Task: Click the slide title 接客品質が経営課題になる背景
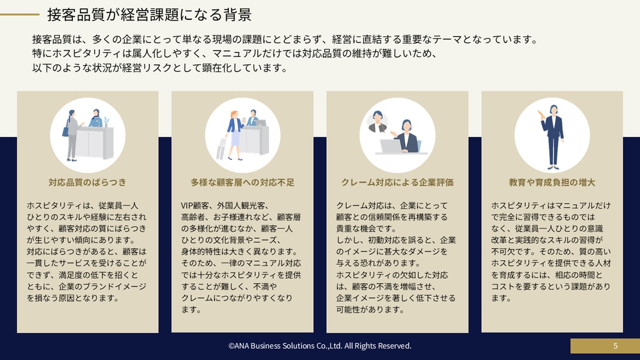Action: (149, 15)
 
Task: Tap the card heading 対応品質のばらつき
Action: (87, 182)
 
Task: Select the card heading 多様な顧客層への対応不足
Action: (242, 182)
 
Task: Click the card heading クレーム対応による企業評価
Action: (397, 182)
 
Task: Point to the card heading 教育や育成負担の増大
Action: (552, 182)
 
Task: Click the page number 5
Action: (616, 346)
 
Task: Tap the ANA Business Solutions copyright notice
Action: (320, 346)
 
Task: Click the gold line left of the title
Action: (19, 15)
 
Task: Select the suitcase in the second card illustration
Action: (221, 149)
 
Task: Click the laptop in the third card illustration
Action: (391, 146)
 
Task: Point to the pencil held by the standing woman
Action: (541, 114)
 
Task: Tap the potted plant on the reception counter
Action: (106, 122)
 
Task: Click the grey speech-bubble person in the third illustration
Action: (377, 122)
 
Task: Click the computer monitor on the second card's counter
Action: (260, 122)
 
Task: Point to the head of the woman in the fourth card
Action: (553, 109)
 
